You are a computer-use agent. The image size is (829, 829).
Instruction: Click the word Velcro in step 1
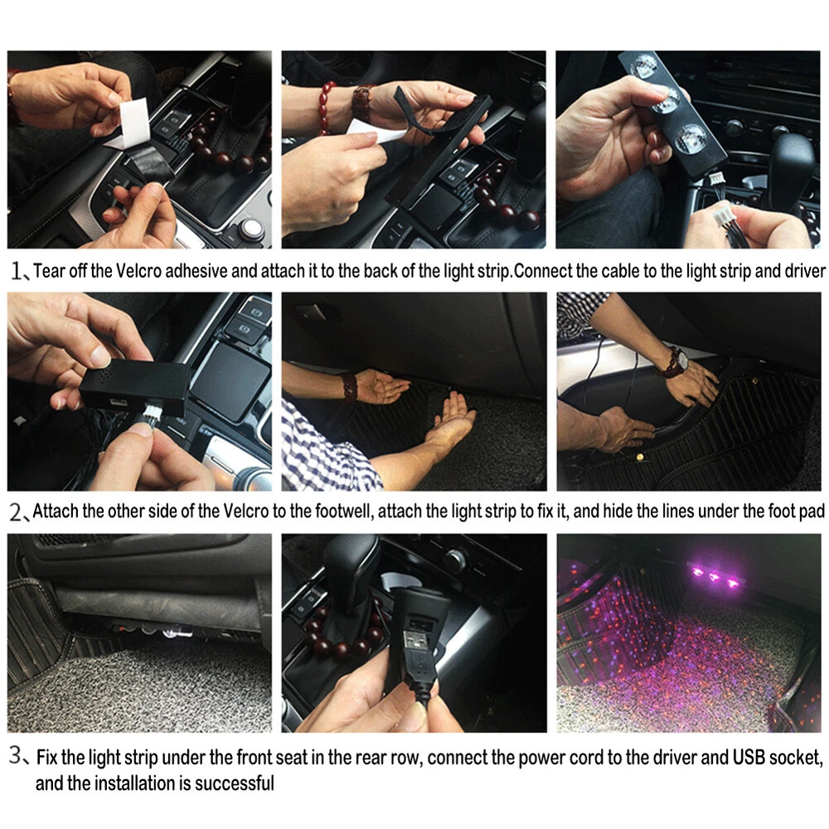[138, 271]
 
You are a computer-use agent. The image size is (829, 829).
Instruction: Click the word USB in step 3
[749, 758]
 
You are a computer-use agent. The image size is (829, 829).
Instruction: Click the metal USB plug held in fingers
[417, 642]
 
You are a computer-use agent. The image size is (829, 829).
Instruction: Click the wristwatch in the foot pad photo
[677, 362]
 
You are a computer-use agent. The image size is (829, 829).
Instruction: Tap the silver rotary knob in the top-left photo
[253, 229]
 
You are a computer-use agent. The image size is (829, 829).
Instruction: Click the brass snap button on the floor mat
[640, 457]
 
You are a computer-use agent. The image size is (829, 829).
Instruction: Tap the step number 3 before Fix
[16, 757]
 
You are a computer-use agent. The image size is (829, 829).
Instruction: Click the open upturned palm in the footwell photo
[450, 418]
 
